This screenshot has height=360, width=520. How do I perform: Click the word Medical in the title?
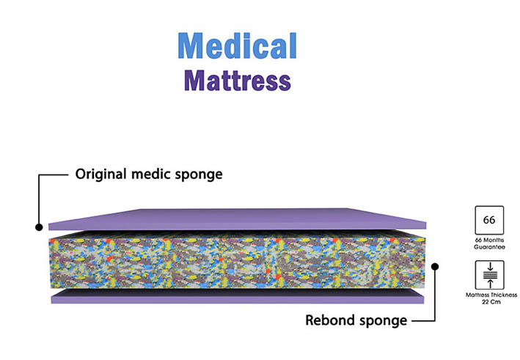click(x=237, y=45)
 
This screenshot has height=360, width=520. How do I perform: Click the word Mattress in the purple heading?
click(x=237, y=80)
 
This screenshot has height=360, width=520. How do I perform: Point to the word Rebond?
click(x=326, y=320)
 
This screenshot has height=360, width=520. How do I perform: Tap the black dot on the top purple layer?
click(x=38, y=227)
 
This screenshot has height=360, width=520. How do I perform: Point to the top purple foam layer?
click(x=242, y=218)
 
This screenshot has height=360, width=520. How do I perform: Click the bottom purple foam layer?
click(x=235, y=296)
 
